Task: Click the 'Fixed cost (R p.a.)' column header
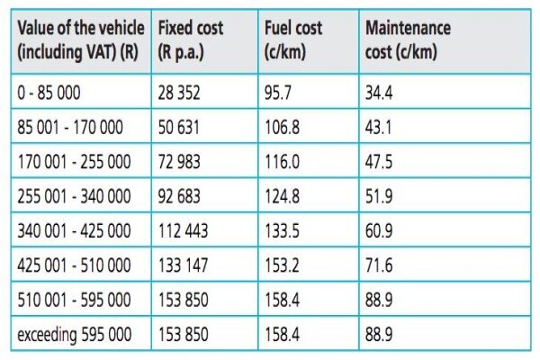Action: click(191, 40)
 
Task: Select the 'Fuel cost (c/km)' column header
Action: click(293, 40)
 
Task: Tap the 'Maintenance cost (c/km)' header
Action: click(408, 40)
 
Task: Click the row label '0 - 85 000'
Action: click(49, 93)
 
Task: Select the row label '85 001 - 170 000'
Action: click(70, 127)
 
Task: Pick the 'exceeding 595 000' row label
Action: click(75, 335)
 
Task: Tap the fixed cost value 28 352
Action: click(179, 93)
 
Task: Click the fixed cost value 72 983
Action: click(179, 162)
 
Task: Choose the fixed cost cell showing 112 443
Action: click(183, 230)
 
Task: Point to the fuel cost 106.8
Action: click(282, 127)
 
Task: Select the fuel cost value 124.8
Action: click(282, 196)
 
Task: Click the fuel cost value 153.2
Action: click(282, 265)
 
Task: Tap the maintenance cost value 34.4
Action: click(379, 93)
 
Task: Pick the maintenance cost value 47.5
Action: click(379, 162)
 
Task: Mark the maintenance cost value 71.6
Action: click(379, 265)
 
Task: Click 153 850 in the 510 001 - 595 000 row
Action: click(183, 300)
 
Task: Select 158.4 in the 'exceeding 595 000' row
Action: click(282, 334)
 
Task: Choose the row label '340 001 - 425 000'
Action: click(74, 230)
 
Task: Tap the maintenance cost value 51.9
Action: click(379, 196)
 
